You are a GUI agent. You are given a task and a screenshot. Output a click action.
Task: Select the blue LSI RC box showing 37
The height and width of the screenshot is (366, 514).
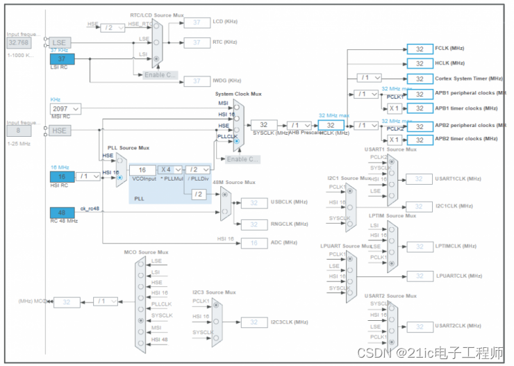pyautogui.click(x=62, y=59)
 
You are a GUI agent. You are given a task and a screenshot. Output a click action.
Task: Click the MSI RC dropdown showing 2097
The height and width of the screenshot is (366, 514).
pyautogui.click(x=65, y=109)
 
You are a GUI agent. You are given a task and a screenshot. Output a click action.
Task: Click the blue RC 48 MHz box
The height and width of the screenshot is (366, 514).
pyautogui.click(x=62, y=213)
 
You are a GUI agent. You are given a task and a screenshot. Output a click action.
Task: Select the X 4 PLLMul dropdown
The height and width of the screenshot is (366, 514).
pyautogui.click(x=169, y=169)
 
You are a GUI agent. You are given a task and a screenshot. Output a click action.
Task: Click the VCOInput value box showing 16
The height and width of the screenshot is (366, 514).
pyautogui.click(x=142, y=169)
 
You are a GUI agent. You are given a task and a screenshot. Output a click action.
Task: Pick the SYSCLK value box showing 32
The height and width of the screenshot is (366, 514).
pyautogui.click(x=264, y=125)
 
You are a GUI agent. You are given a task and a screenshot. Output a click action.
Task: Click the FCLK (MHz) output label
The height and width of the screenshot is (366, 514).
pyautogui.click(x=449, y=49)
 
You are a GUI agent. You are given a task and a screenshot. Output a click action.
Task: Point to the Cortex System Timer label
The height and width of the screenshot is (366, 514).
pyautogui.click(x=466, y=78)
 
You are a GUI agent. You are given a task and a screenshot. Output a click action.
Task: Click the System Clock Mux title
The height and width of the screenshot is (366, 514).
pyautogui.click(x=238, y=94)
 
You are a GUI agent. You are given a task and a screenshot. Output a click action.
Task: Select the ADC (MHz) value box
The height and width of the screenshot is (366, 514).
pyautogui.click(x=254, y=242)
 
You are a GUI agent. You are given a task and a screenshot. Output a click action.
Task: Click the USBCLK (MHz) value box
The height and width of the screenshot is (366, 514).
pyautogui.click(x=254, y=203)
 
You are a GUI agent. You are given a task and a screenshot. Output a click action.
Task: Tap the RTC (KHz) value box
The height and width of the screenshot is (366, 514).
pyautogui.click(x=197, y=43)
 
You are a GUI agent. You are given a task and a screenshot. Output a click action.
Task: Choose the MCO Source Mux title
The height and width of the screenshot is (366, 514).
pyautogui.click(x=147, y=252)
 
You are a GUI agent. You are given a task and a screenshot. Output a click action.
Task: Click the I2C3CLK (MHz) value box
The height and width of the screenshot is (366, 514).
pyautogui.click(x=254, y=322)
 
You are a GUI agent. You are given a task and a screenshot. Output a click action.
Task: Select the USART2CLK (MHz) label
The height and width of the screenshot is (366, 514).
pyautogui.click(x=458, y=326)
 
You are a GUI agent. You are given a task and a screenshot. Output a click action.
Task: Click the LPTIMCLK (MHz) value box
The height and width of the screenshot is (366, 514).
pyautogui.click(x=420, y=247)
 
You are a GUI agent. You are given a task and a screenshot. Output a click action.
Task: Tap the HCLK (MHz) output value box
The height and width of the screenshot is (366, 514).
pyautogui.click(x=420, y=63)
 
